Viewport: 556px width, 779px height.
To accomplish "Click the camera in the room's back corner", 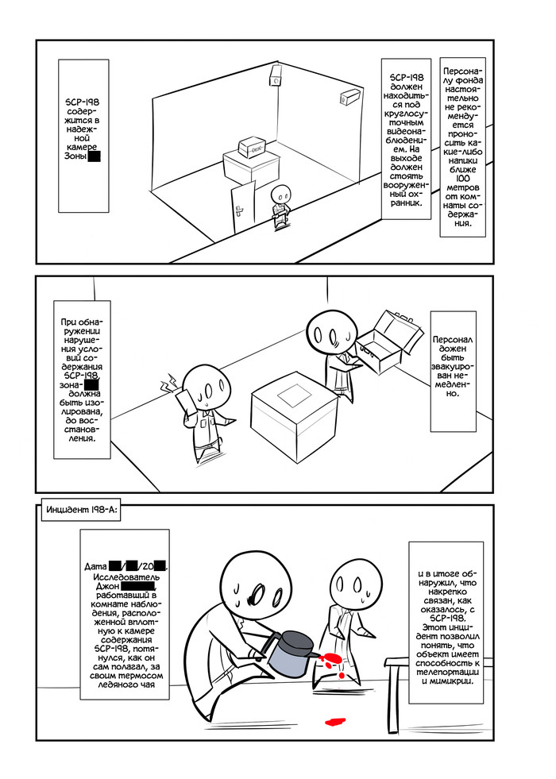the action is (276, 75).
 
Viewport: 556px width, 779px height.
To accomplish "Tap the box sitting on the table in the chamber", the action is (253, 147).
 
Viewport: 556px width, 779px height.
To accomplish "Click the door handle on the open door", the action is (240, 210).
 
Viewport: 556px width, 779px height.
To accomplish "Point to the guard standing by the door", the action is (281, 206).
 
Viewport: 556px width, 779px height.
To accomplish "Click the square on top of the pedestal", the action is (294, 395).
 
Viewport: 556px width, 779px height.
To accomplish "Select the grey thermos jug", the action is (292, 654).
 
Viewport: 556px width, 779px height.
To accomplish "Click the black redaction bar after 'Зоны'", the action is (94, 156).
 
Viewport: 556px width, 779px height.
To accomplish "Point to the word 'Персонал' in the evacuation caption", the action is (453, 340).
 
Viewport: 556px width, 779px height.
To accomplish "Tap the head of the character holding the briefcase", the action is (332, 333).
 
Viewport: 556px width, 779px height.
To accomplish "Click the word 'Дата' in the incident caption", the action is (96, 567).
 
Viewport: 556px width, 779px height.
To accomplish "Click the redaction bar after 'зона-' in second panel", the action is (91, 385).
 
